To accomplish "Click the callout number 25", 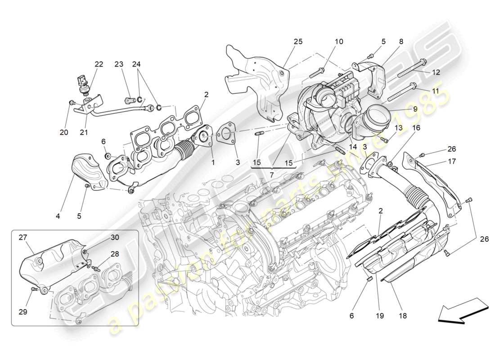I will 298,41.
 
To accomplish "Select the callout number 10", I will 338,41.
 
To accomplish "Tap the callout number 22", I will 99,64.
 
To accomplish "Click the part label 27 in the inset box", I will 23,237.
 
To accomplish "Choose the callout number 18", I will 402,315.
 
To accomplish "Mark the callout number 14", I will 352,146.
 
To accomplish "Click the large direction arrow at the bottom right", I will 463,312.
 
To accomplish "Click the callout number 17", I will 452,161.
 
